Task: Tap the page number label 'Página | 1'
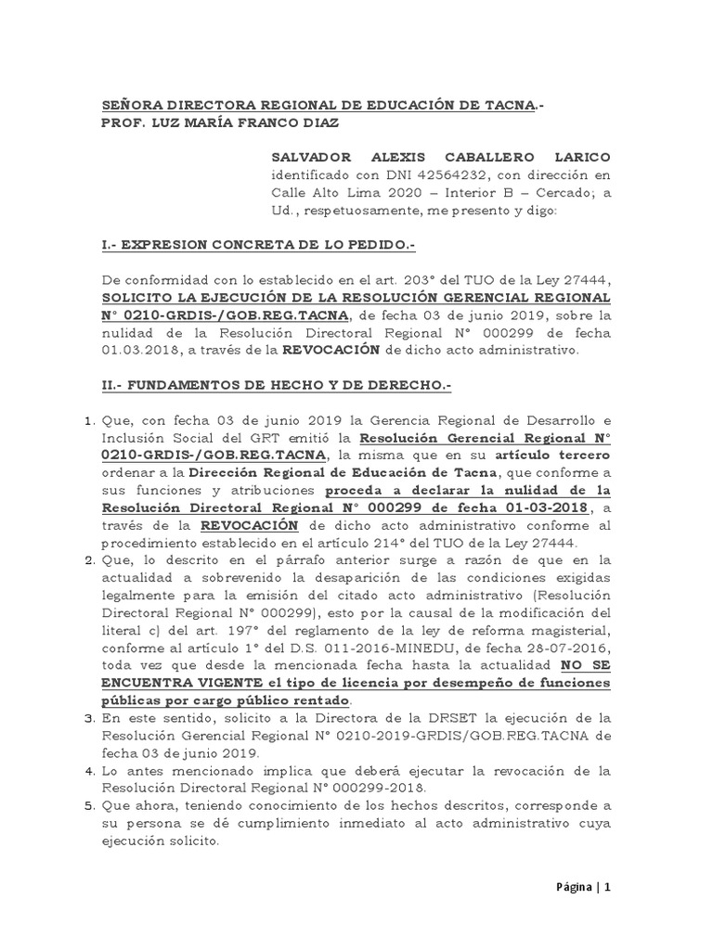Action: (x=582, y=887)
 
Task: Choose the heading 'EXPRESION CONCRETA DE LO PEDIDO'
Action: (x=266, y=245)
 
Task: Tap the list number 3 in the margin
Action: (x=90, y=718)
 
